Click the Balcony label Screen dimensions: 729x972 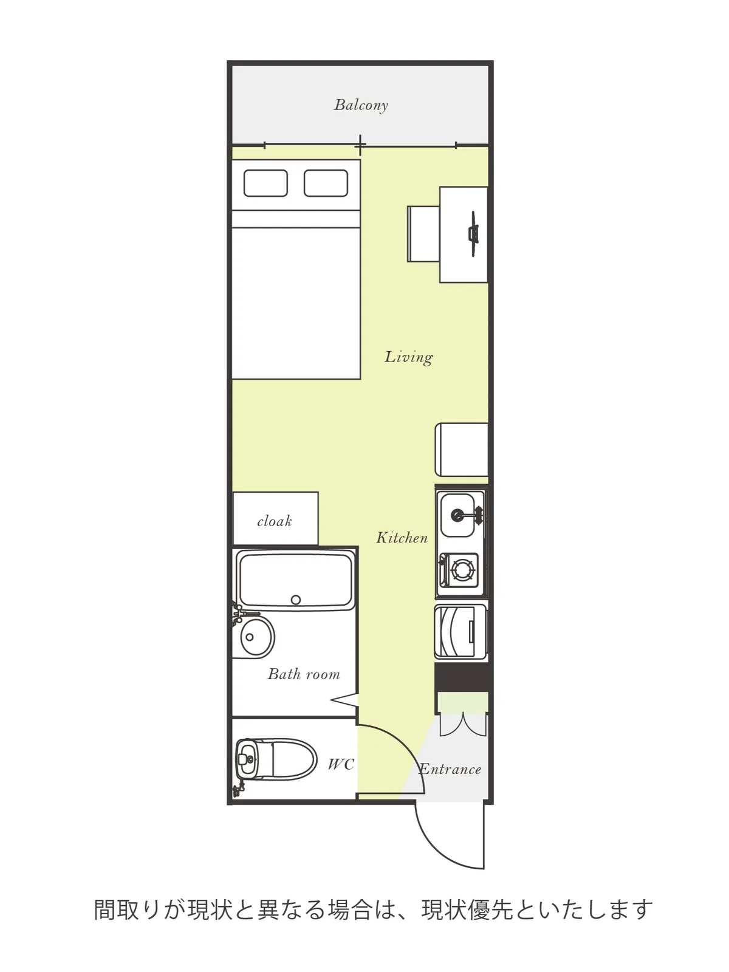(x=361, y=105)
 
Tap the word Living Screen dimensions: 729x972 (x=408, y=357)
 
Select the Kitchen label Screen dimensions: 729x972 (x=402, y=538)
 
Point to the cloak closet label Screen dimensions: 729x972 (x=275, y=521)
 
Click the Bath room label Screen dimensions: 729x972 (x=304, y=674)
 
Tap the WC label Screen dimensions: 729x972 (x=341, y=764)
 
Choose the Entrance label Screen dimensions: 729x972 (x=450, y=769)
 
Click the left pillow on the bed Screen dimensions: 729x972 (x=265, y=183)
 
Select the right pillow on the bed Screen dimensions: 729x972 (x=326, y=183)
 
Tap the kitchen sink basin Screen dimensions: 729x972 (x=457, y=515)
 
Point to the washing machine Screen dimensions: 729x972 (x=460, y=632)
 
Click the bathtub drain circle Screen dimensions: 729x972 (x=296, y=600)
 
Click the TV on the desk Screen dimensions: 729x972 (x=474, y=234)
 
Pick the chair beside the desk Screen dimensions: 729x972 (x=423, y=234)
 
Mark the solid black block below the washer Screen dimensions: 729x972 (x=463, y=677)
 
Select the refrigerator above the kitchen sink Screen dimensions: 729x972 (x=462, y=450)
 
